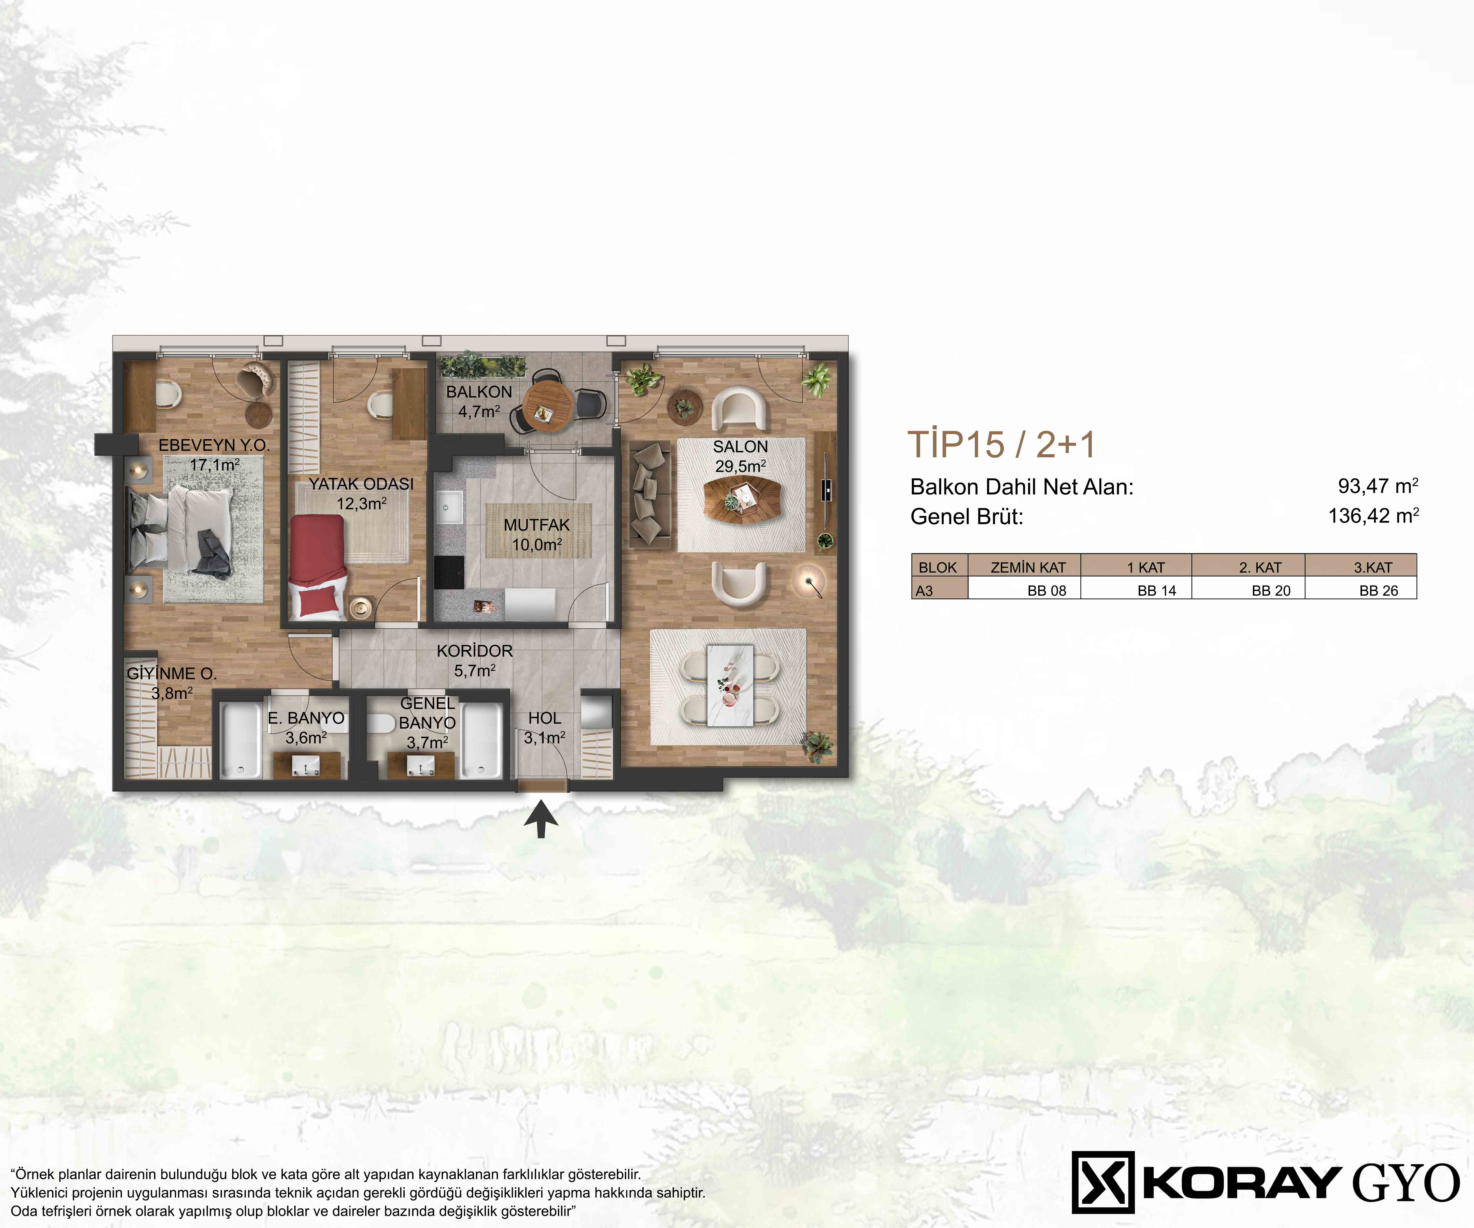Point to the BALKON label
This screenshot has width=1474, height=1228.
[x=479, y=391]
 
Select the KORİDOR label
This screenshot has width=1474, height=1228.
[x=474, y=651]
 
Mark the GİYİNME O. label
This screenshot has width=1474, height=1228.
[x=171, y=674]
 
